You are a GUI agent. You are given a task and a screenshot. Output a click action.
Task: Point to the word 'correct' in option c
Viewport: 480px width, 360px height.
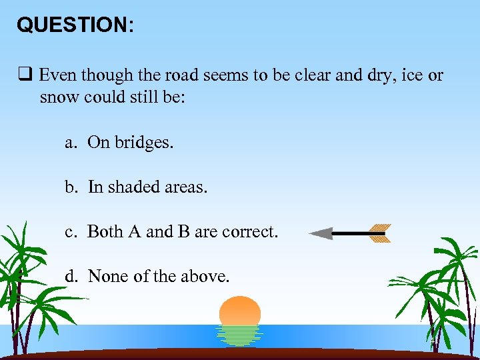click(x=249, y=231)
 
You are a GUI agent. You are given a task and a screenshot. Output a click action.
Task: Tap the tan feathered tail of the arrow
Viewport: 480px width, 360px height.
click(x=378, y=233)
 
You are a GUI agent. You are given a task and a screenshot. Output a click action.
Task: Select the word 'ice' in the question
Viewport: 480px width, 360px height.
click(x=412, y=75)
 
